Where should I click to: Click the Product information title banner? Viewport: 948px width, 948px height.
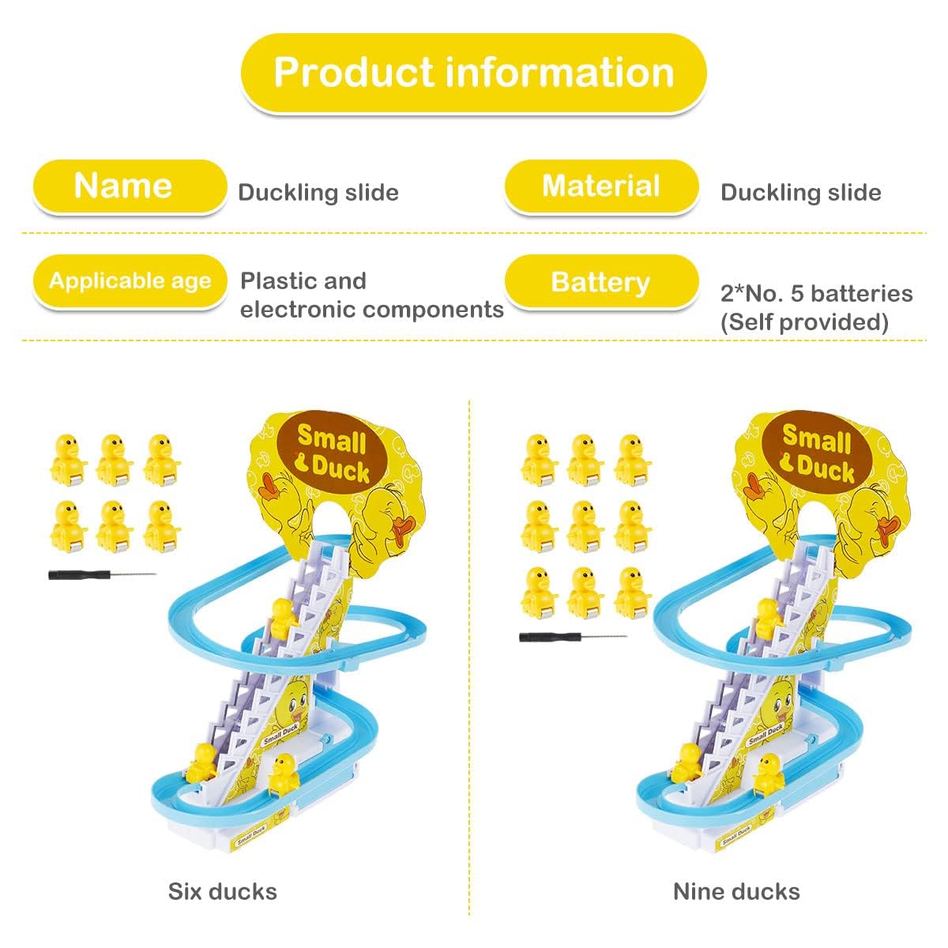click(473, 73)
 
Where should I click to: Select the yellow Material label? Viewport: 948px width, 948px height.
click(601, 186)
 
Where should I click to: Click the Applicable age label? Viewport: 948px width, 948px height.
click(130, 281)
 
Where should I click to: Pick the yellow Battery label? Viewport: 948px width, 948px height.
click(601, 282)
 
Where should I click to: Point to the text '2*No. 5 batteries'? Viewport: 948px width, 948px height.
click(816, 294)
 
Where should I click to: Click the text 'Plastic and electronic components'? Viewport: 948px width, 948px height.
click(371, 295)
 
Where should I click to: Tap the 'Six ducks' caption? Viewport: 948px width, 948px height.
click(222, 892)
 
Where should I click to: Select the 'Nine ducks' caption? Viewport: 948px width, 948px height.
click(736, 892)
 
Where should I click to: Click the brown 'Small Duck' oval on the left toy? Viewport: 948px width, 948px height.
click(333, 454)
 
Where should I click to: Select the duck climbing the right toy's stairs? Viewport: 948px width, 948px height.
click(766, 618)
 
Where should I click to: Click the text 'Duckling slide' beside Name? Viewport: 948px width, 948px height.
click(318, 193)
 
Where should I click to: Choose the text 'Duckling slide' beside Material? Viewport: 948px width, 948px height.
click(800, 193)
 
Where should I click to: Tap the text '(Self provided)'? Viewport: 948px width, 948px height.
click(804, 322)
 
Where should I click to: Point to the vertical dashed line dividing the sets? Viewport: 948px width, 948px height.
click(470, 656)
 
